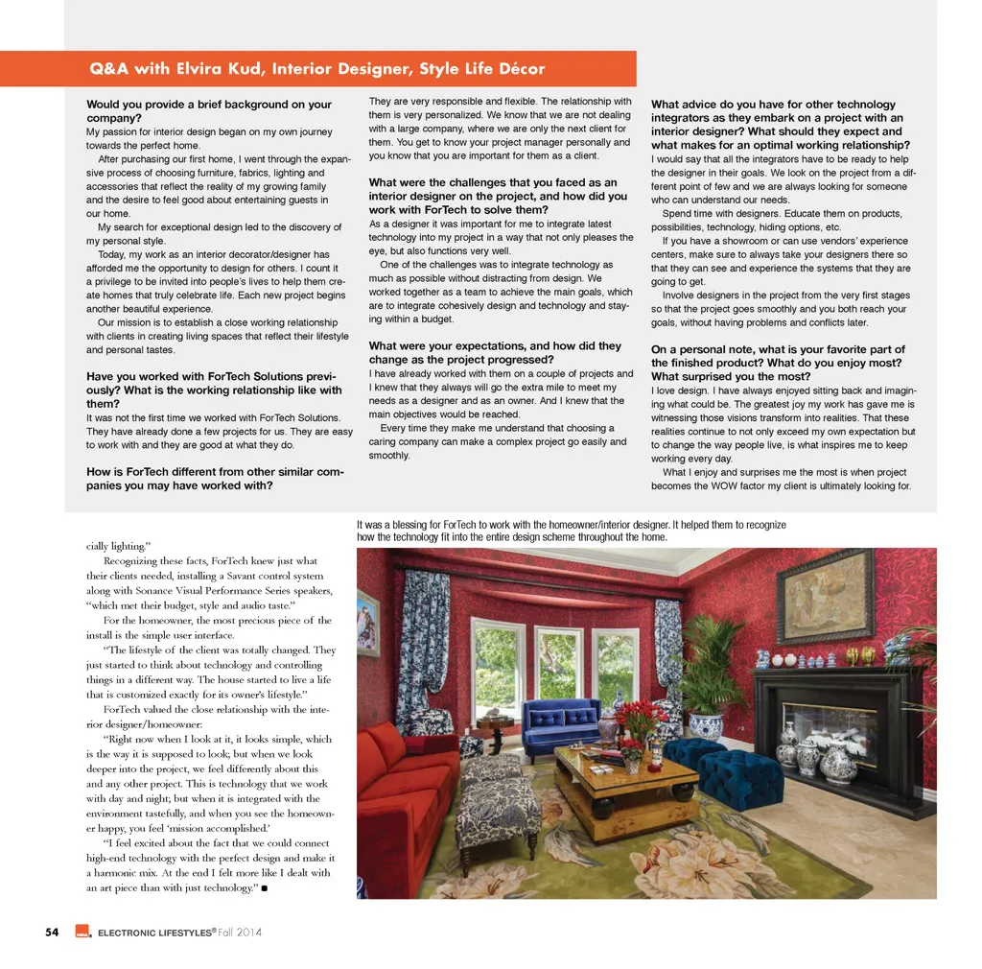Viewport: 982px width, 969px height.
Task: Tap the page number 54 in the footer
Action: [x=53, y=932]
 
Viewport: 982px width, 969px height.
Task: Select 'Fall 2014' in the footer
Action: [x=238, y=932]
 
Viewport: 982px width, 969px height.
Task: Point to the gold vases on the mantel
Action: [x=859, y=656]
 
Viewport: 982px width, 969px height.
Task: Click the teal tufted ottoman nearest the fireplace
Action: [x=742, y=775]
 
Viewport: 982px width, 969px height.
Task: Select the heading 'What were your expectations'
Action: [x=495, y=346]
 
